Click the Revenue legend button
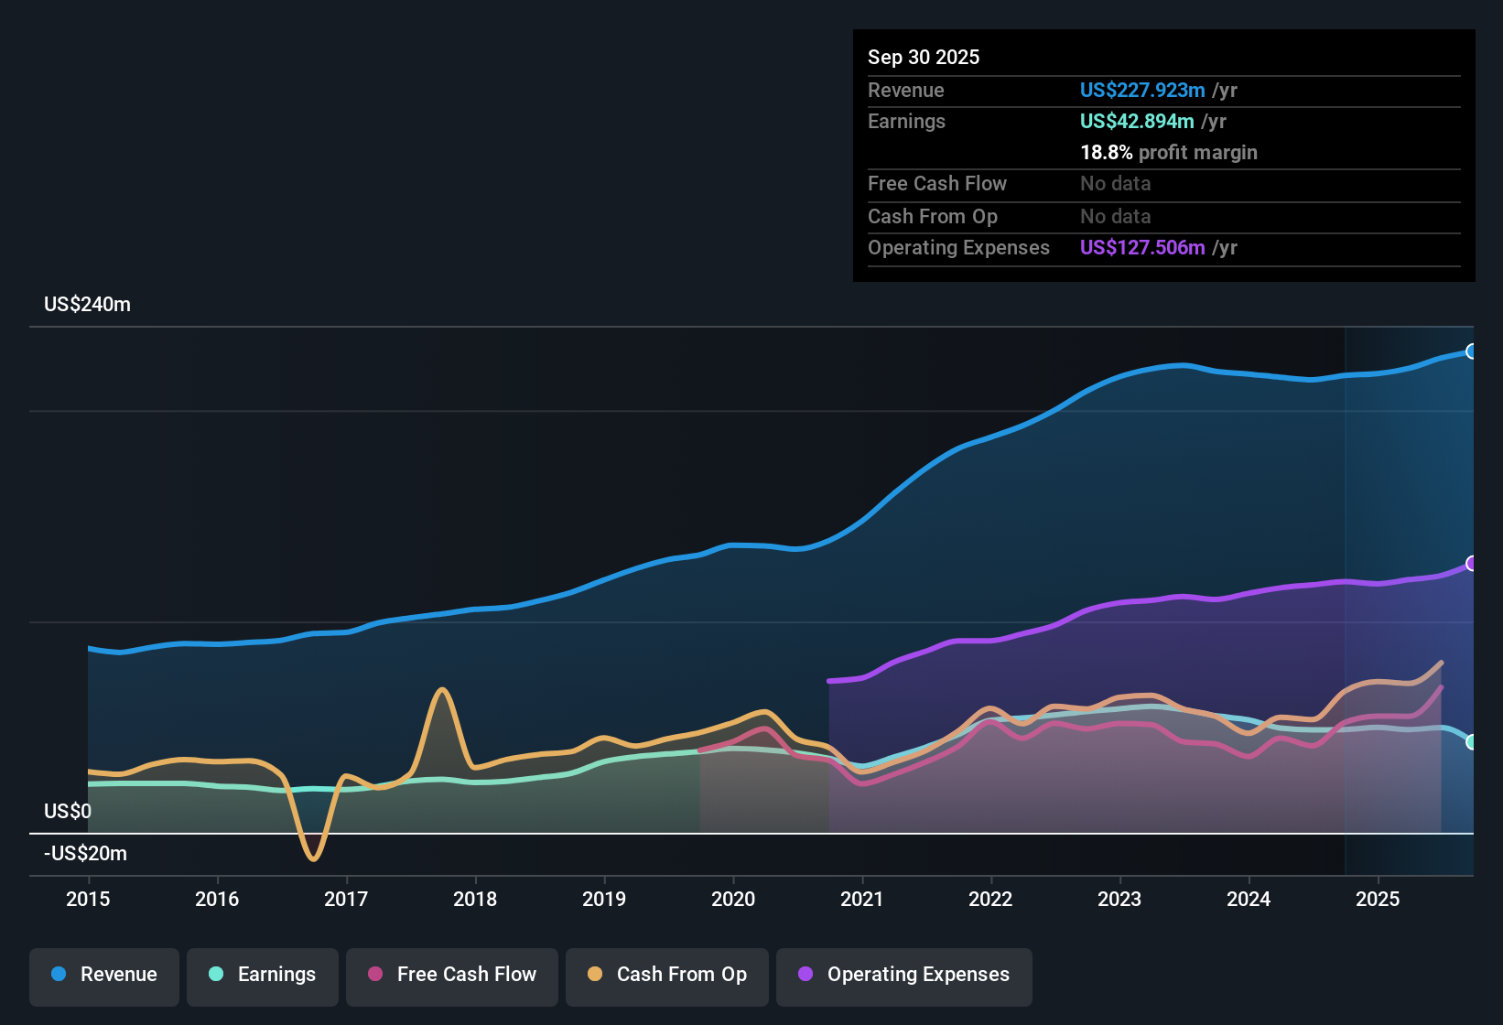point(104,975)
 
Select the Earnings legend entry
point(263,975)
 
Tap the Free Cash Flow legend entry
point(452,975)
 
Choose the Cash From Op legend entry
point(667,975)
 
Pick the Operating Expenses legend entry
point(904,975)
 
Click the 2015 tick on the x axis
point(88,899)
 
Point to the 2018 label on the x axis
point(475,899)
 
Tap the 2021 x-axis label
point(861,899)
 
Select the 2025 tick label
point(1377,899)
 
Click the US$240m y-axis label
point(87,305)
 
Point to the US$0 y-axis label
point(68,812)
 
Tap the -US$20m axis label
point(85,854)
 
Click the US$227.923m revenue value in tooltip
point(1141,90)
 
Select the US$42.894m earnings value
point(1136,121)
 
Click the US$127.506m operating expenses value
point(1141,247)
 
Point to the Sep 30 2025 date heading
point(923,57)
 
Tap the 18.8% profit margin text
point(1168,152)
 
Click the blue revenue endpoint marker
point(1471,351)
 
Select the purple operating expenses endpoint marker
point(1471,564)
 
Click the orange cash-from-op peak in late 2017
point(442,689)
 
